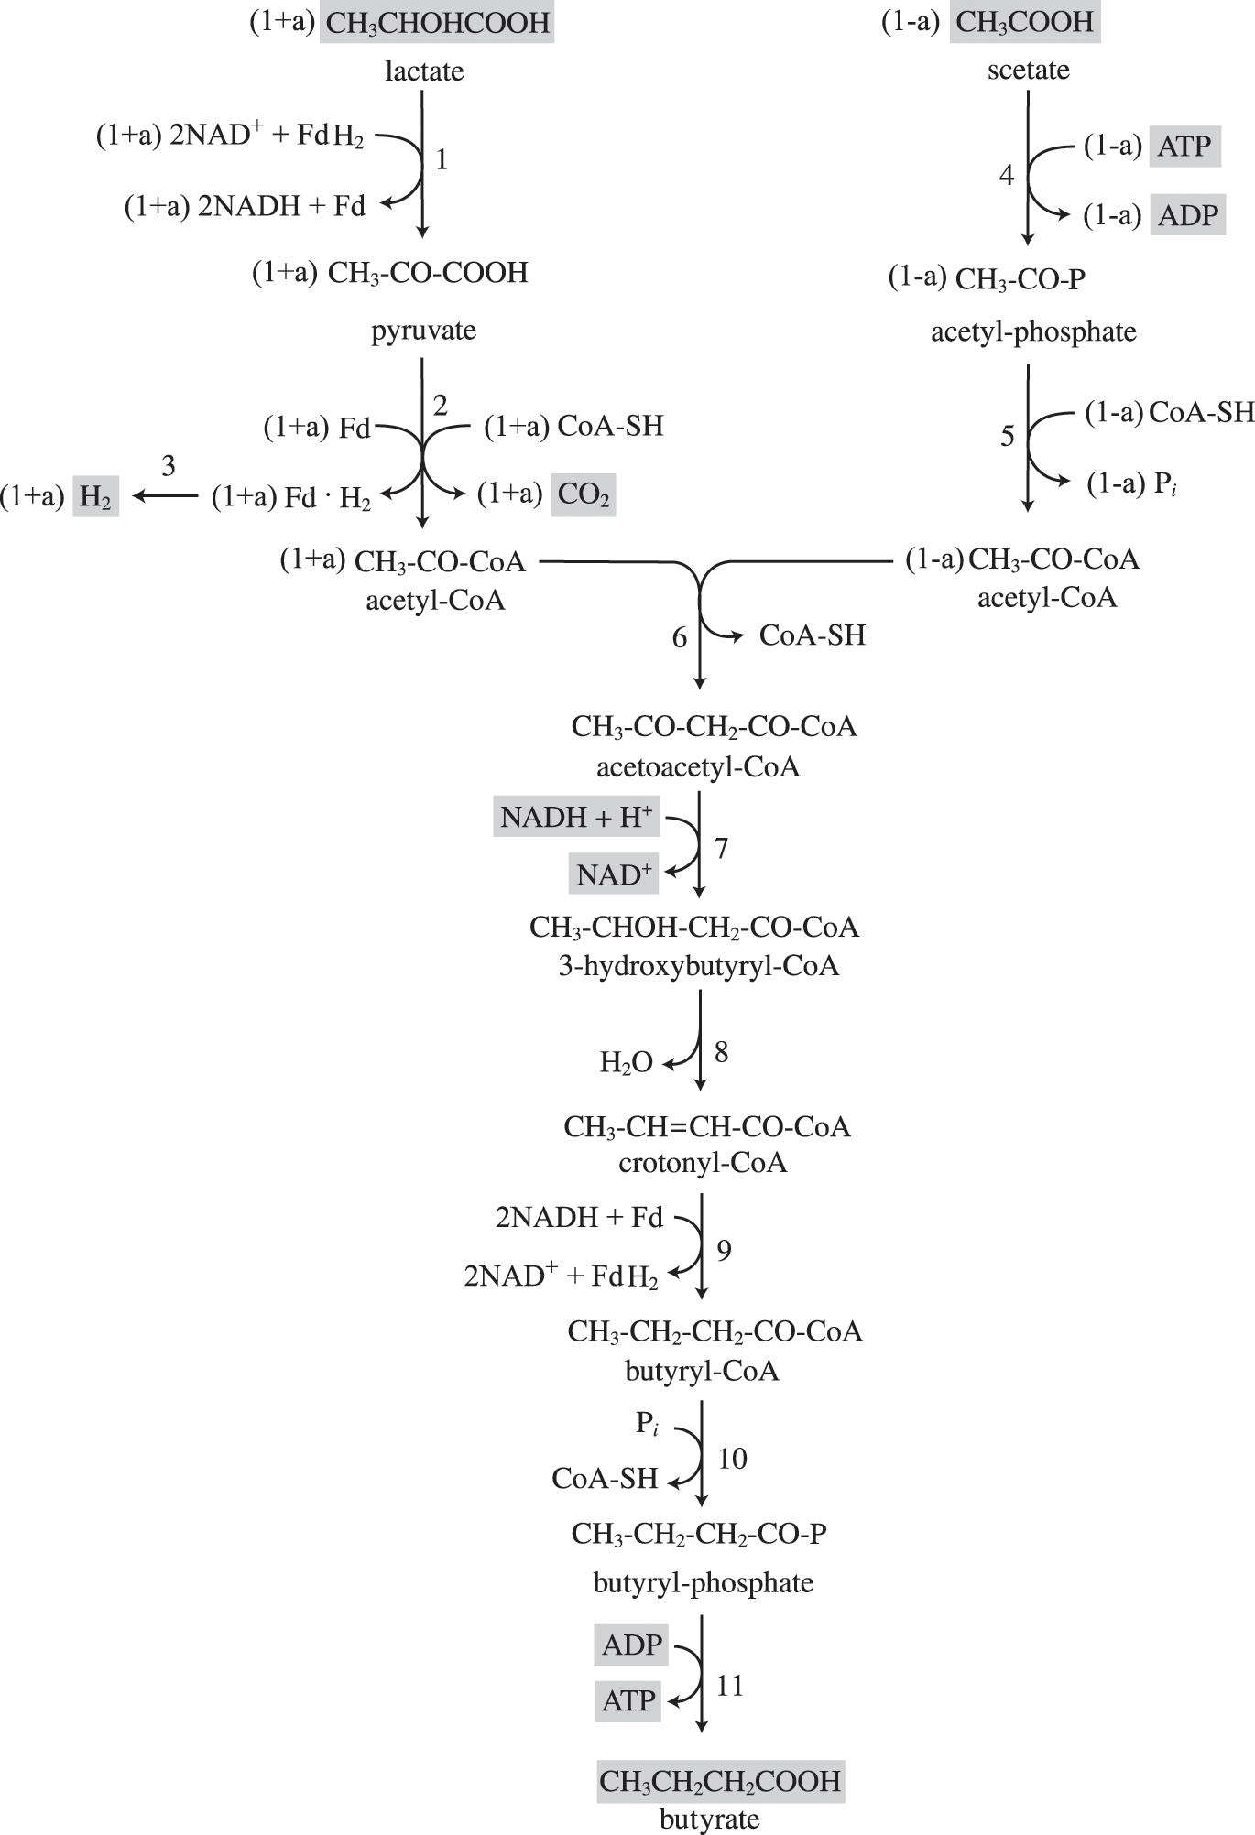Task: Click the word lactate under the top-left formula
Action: pos(424,71)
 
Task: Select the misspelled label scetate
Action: pos(1028,71)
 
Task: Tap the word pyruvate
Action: pos(423,331)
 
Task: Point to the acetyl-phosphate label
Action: pos(1033,331)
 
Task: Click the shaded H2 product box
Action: pos(95,497)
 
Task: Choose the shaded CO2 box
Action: pos(584,495)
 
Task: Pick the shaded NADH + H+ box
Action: pos(576,817)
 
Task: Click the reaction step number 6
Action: pos(679,638)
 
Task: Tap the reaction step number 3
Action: pos(168,467)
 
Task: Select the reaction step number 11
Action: pos(729,1686)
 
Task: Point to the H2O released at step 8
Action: pos(627,1062)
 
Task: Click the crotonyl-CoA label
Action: pos(703,1164)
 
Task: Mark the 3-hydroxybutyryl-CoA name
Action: pos(699,966)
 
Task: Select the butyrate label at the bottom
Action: pos(709,1819)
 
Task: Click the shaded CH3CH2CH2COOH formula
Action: pos(720,1781)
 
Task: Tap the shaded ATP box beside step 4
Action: pos(1184,147)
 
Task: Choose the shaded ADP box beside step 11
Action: pos(631,1645)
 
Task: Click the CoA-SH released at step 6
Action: pos(812,635)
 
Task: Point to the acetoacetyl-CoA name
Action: pos(698,766)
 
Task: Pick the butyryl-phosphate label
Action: pos(703,1583)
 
